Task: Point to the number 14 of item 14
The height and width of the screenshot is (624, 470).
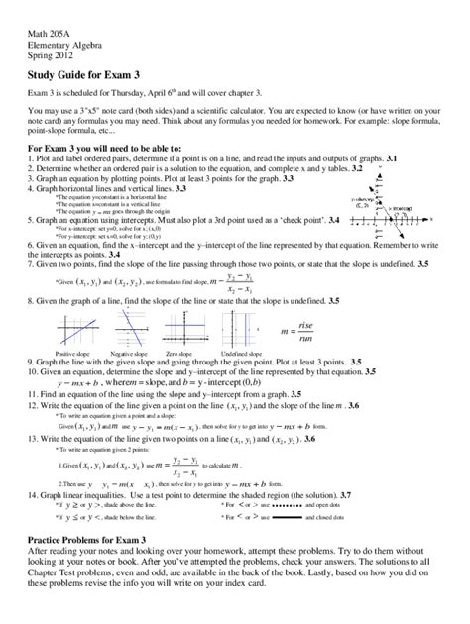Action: [x=32, y=466]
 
